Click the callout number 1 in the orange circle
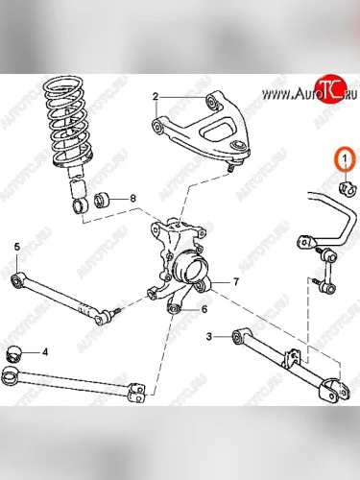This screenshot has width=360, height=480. pyautogui.click(x=345, y=157)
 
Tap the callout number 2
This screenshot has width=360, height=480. pyautogui.click(x=156, y=96)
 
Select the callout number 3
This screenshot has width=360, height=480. pyautogui.click(x=209, y=336)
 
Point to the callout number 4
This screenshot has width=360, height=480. pyautogui.click(x=45, y=352)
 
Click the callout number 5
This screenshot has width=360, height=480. pyautogui.click(x=17, y=247)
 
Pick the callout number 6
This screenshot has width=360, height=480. pyautogui.click(x=204, y=309)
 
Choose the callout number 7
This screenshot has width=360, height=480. pyautogui.click(x=236, y=282)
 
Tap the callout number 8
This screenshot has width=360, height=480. pyautogui.click(x=132, y=199)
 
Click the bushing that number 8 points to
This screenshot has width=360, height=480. pyautogui.click(x=102, y=201)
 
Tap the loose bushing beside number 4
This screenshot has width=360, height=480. pyautogui.click(x=14, y=354)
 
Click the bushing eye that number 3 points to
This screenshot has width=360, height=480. pyautogui.click(x=238, y=337)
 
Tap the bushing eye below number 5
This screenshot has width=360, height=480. pyautogui.click(x=16, y=280)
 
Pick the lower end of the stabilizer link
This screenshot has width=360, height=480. pyautogui.click(x=329, y=289)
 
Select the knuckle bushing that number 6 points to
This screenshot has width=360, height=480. pyautogui.click(x=174, y=309)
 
